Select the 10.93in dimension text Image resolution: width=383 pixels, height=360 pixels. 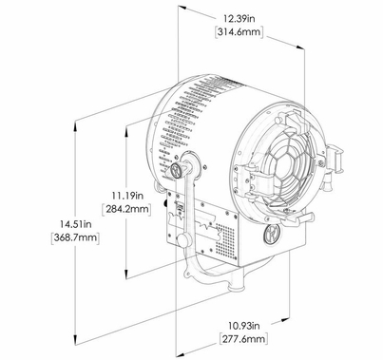[x=242, y=325]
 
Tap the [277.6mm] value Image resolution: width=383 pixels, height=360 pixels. [x=242, y=338]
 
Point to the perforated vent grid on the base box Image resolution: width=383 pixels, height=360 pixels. [x=224, y=241]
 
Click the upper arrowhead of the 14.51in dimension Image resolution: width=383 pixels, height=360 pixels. [x=75, y=123]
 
